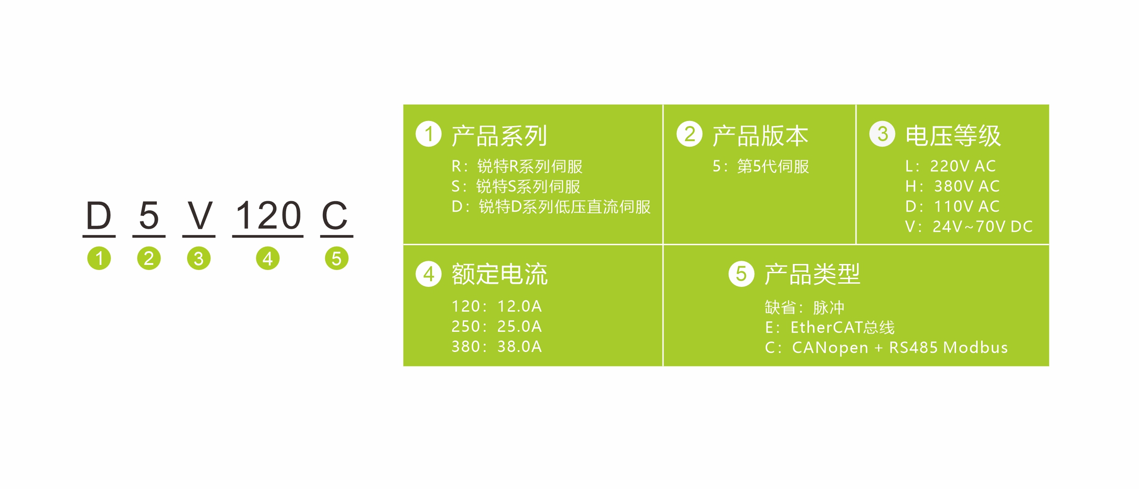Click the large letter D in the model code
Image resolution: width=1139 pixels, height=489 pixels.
tap(99, 215)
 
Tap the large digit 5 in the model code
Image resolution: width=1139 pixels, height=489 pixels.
tap(149, 215)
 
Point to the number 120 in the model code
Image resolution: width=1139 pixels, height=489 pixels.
tap(268, 215)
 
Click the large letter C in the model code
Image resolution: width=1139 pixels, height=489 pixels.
tap(335, 215)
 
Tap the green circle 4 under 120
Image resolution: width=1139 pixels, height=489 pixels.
tap(268, 258)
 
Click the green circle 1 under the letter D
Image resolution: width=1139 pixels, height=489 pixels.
tap(99, 258)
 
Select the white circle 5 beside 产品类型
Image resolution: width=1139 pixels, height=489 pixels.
tap(741, 274)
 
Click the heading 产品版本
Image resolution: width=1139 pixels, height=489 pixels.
tap(760, 136)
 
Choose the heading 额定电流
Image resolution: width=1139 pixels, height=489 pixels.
tap(499, 275)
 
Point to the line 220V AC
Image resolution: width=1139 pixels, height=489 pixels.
tap(962, 166)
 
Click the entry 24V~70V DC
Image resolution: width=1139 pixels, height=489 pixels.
tap(982, 226)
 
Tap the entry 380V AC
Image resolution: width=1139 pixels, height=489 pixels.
tap(967, 186)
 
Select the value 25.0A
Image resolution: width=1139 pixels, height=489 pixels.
tap(520, 326)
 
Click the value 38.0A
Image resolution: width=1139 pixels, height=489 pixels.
tap(520, 346)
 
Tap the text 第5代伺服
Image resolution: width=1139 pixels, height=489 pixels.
tap(773, 166)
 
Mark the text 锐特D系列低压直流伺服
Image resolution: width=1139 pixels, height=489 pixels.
tap(564, 207)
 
